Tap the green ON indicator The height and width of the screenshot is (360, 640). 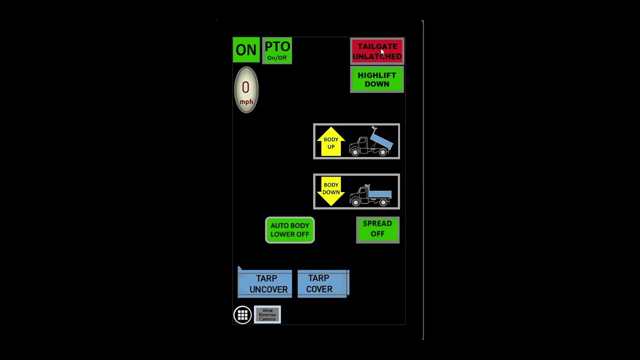point(246,49)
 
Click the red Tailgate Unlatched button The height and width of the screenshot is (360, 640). point(377,51)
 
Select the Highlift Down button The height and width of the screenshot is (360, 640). point(377,79)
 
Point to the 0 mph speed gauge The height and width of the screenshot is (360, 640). point(246,89)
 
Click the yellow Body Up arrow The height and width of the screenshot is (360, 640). point(331,141)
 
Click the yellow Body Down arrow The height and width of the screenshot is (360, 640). point(331,191)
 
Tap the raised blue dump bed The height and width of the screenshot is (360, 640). point(381,139)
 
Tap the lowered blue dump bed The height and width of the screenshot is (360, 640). point(379,193)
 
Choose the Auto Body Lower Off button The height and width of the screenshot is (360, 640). point(289,230)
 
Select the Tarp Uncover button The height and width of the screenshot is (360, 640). point(265,283)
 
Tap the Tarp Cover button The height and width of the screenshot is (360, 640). point(323,283)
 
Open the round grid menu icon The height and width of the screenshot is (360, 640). point(242,315)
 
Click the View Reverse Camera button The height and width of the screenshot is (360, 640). point(267,314)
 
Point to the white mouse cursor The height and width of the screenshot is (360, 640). point(382,51)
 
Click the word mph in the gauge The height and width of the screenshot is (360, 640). point(246,102)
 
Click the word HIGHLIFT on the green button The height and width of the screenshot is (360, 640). point(377,75)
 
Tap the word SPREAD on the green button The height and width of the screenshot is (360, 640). point(377,223)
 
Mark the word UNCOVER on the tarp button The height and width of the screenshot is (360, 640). point(268,289)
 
